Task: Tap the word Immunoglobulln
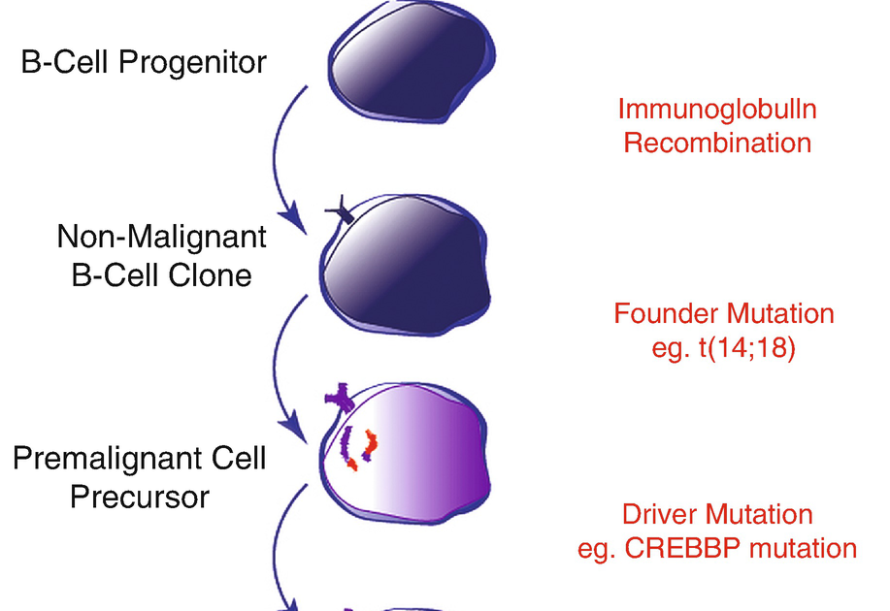tap(717, 109)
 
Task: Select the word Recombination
tap(717, 144)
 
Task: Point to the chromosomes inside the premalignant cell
tap(356, 447)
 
